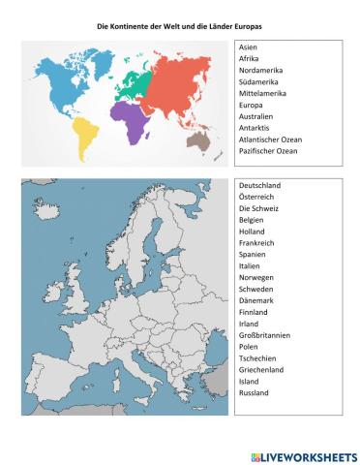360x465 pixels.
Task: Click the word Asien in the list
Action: [248, 47]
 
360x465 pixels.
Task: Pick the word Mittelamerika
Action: [260, 94]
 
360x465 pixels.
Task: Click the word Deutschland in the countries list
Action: [259, 184]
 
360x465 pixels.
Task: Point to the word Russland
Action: [253, 393]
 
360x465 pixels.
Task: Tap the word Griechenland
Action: [261, 370]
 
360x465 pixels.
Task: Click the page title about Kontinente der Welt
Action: [180, 28]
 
